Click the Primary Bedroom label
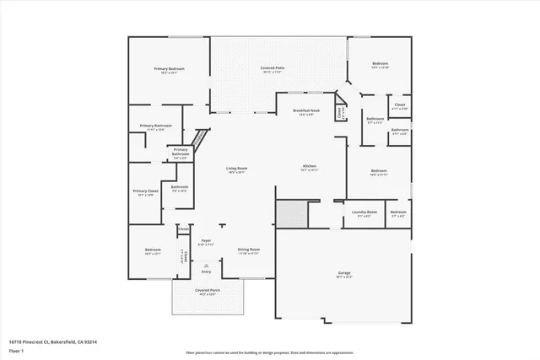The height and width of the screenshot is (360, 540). point(169,69)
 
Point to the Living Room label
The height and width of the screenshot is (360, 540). point(236,169)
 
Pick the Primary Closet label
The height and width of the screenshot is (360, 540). point(146,192)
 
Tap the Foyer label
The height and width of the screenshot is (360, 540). point(206,242)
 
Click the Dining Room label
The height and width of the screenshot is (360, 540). point(249,250)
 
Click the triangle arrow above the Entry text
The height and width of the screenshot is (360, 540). point(206,264)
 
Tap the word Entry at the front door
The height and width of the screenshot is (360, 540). point(206,271)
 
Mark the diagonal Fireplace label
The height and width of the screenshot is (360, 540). point(200,137)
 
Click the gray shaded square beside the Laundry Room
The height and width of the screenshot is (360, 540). point(291,212)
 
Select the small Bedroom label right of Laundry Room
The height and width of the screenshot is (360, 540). point(398,213)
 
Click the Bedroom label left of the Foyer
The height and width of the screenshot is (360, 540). point(153,250)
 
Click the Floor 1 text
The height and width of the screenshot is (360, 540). point(16,351)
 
